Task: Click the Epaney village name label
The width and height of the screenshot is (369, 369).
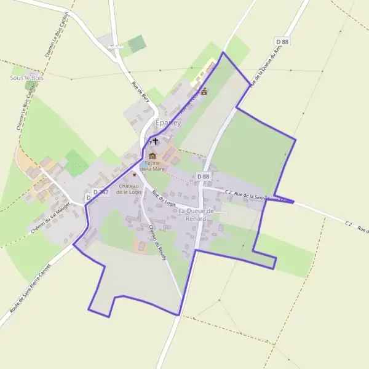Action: [x=168, y=122]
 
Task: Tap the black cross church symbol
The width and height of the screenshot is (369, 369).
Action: [x=154, y=142]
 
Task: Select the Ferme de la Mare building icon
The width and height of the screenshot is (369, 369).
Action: [x=153, y=156]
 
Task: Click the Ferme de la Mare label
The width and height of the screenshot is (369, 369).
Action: [x=152, y=165]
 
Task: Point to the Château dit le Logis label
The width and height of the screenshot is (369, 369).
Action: [x=130, y=188]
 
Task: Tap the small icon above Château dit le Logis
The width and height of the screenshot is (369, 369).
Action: [x=134, y=175]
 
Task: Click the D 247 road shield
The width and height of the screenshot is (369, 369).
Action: [x=95, y=192]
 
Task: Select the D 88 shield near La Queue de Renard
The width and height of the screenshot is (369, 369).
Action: [x=203, y=177]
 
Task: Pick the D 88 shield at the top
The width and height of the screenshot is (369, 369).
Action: [x=282, y=41]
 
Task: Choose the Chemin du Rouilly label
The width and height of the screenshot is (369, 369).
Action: [x=158, y=239]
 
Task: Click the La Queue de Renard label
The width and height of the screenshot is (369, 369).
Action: [x=196, y=214]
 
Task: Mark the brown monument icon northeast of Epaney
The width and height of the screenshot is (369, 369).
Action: [x=204, y=92]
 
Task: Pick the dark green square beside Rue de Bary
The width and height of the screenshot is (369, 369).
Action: [x=137, y=43]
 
